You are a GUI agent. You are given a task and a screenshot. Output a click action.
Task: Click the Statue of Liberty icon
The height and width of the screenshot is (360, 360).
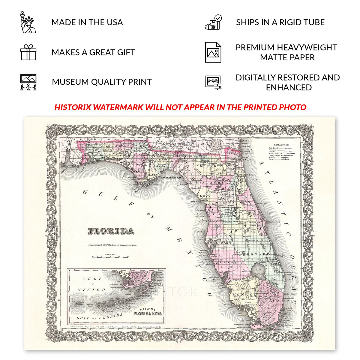pyautogui.click(x=28, y=22)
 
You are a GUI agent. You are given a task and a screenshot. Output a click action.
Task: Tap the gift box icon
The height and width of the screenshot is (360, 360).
pyautogui.click(x=28, y=52)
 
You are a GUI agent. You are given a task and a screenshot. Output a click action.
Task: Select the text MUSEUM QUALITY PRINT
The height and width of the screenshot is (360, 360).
pyautogui.click(x=102, y=82)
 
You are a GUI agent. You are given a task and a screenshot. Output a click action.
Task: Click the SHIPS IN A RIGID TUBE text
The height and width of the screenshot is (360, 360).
pyautogui.click(x=280, y=22)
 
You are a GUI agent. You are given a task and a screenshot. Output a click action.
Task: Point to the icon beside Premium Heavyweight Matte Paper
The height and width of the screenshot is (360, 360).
pyautogui.click(x=213, y=52)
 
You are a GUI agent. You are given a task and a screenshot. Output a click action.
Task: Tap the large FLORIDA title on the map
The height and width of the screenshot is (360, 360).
pyautogui.click(x=111, y=231)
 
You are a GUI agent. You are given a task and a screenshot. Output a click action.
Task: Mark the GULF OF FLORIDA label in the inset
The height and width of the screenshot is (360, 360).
pyautogui.click(x=100, y=317)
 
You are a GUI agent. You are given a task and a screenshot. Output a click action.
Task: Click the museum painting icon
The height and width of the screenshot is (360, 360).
pyautogui.click(x=28, y=82)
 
